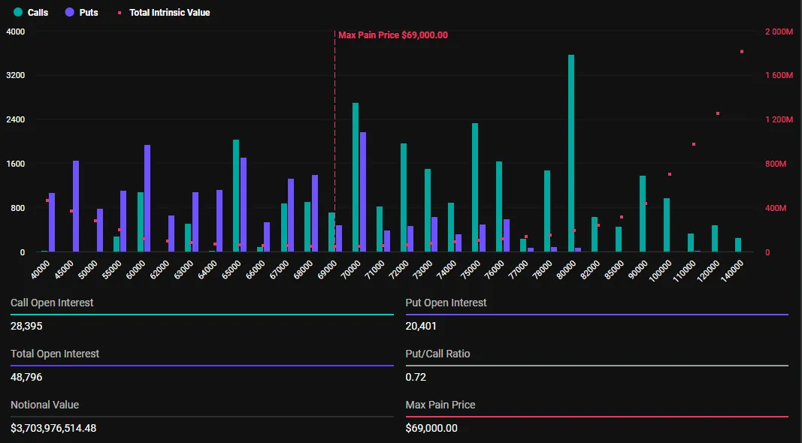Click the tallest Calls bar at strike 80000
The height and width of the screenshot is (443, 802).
(x=571, y=153)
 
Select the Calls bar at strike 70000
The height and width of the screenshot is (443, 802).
(x=356, y=177)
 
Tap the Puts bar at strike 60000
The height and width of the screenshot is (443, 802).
(x=147, y=198)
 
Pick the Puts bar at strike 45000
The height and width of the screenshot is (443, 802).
(x=76, y=206)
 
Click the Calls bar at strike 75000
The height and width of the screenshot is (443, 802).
(x=475, y=188)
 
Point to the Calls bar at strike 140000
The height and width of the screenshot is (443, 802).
(x=738, y=245)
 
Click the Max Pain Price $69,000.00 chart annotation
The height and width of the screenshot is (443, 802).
(x=392, y=35)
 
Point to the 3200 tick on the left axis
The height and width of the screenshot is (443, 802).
(x=16, y=76)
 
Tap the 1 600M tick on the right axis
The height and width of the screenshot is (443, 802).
(x=778, y=76)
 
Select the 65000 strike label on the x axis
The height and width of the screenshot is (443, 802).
(x=230, y=269)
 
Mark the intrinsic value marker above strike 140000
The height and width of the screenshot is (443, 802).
(x=742, y=52)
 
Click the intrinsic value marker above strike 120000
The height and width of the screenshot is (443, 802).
(x=718, y=113)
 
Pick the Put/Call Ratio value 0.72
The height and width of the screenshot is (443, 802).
(x=415, y=377)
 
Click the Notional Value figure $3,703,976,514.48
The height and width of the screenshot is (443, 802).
(x=53, y=428)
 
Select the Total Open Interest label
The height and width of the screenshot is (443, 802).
(x=55, y=354)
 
